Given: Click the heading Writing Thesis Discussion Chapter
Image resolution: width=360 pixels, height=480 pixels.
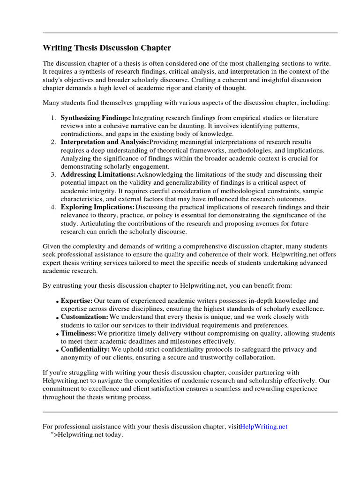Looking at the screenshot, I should pyautogui.click(x=107, y=48).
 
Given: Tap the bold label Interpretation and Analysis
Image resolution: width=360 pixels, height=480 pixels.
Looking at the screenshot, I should pyautogui.click(x=105, y=142).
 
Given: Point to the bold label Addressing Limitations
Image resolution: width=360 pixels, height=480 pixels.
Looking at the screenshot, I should pyautogui.click(x=98, y=174).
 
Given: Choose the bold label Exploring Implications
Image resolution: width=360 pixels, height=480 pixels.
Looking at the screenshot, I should pyautogui.click(x=97, y=207).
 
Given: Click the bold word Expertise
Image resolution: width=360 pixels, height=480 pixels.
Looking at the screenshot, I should pyautogui.click(x=76, y=300).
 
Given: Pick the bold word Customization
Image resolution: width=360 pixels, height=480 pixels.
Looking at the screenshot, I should pyautogui.click(x=84, y=317).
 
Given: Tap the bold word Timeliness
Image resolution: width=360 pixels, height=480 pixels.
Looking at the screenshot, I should pyautogui.click(x=78, y=333).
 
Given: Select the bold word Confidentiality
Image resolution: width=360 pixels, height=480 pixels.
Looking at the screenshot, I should pyautogui.click(x=85, y=349).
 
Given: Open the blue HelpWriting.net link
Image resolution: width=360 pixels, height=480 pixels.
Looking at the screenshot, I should pyautogui.click(x=263, y=427).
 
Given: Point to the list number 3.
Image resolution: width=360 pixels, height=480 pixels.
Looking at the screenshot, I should pyautogui.click(x=53, y=174).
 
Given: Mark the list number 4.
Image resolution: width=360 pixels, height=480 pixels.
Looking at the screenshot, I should pyautogui.click(x=53, y=207).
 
